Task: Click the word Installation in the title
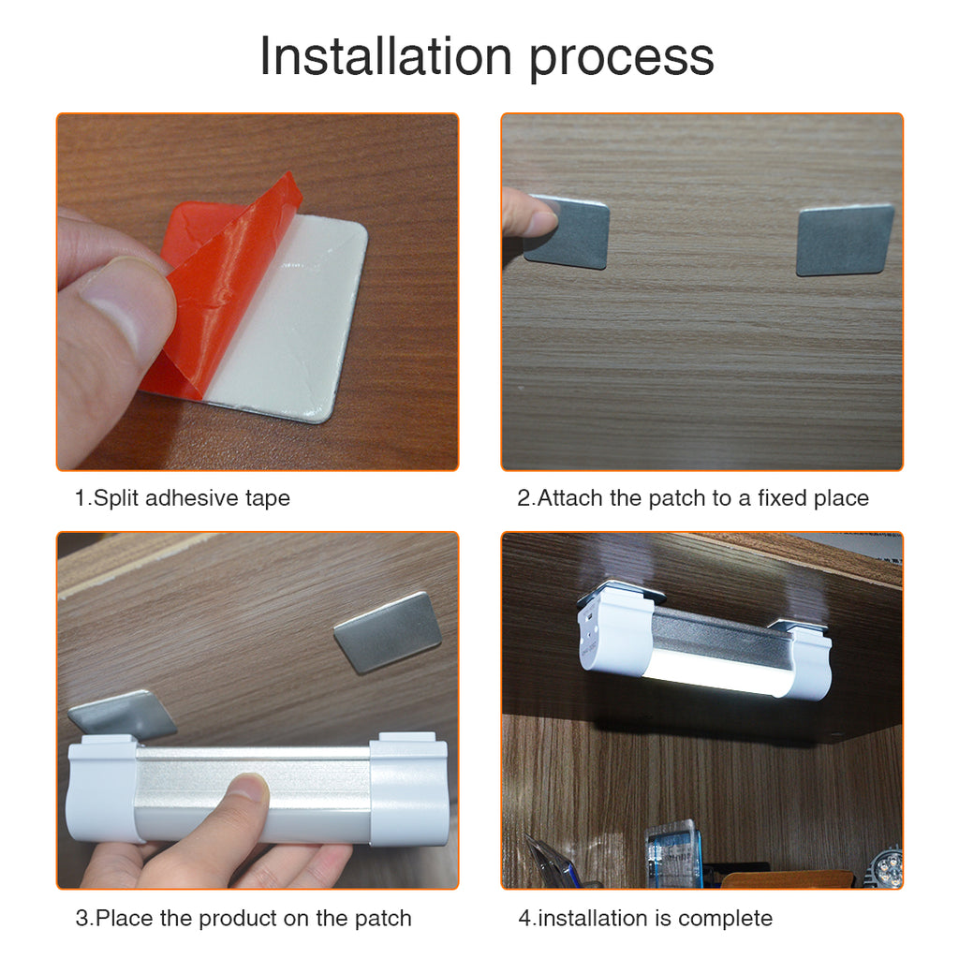tap(386, 55)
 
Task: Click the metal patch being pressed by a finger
tap(567, 232)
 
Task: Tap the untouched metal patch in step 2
tap(846, 241)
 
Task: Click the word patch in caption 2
tap(677, 498)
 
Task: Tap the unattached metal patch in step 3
tap(388, 632)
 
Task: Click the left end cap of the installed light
tap(614, 634)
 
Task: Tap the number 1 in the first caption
tap(80, 498)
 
